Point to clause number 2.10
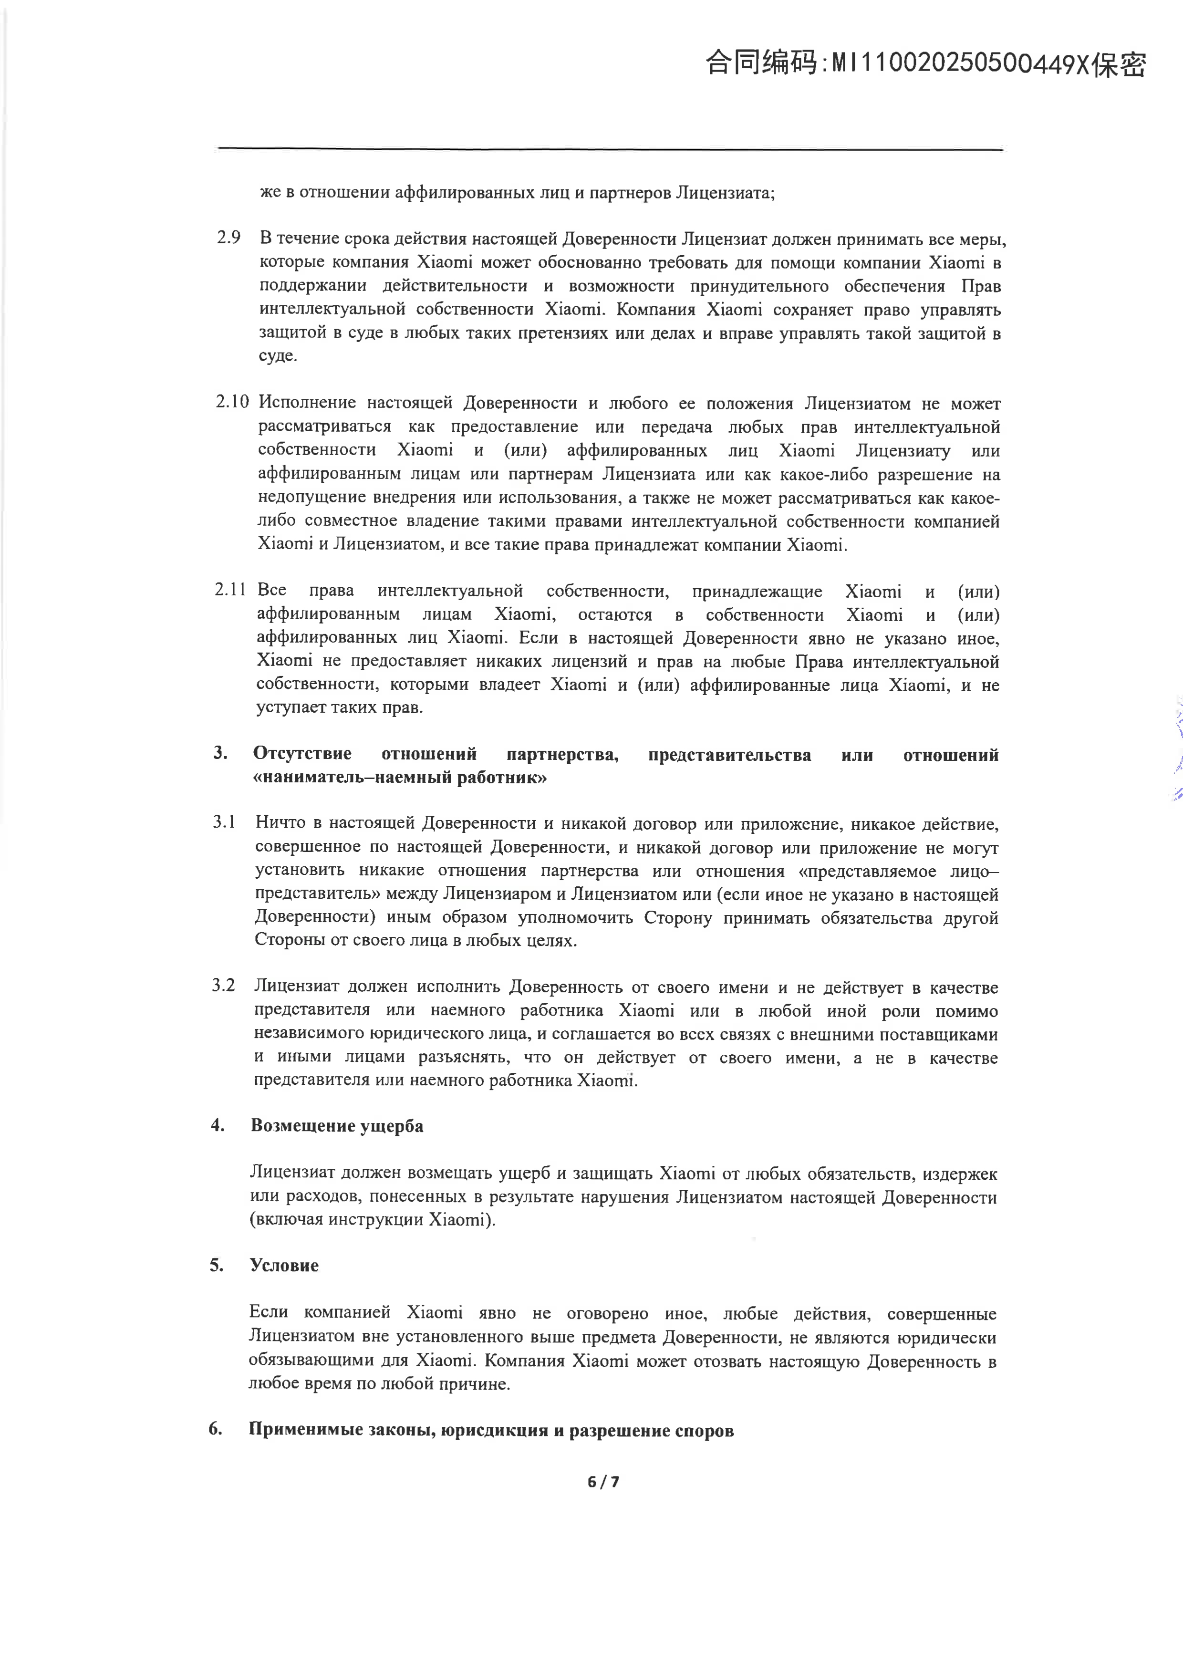coord(232,402)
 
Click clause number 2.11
coord(230,590)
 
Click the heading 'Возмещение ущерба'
coord(337,1126)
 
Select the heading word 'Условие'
coord(284,1266)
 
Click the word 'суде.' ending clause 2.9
coord(278,356)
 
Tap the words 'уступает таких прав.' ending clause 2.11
coord(340,707)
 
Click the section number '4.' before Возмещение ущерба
coord(217,1126)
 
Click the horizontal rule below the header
coord(611,149)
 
